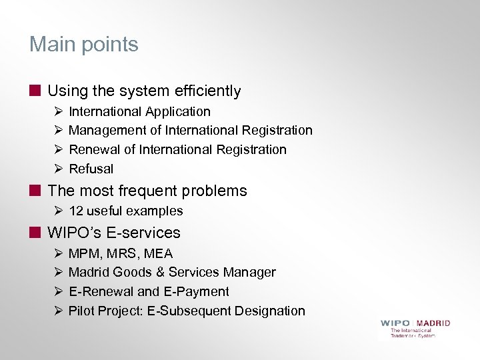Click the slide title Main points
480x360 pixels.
click(x=83, y=45)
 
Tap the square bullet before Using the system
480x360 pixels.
click(x=35, y=90)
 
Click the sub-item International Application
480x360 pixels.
click(x=139, y=111)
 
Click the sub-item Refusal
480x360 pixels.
click(x=91, y=169)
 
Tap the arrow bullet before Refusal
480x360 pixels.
click(x=58, y=169)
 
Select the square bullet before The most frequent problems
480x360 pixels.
click(x=35, y=190)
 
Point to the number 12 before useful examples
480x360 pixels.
click(x=76, y=211)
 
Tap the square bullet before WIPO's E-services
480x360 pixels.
click(x=35, y=232)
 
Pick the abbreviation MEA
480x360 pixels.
click(x=159, y=253)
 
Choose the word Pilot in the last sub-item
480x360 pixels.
click(x=82, y=311)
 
